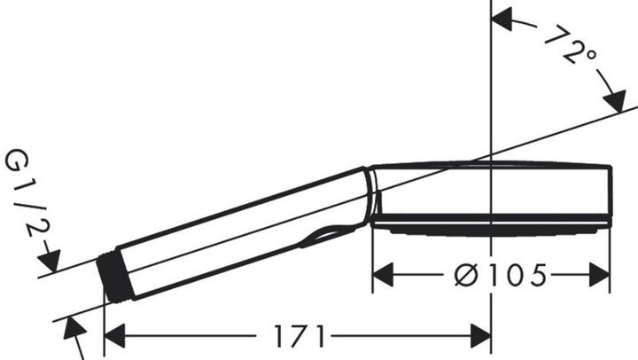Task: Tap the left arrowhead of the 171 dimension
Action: point(114,336)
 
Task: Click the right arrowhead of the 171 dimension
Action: point(482,336)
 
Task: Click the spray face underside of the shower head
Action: point(487,230)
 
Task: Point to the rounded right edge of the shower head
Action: point(609,195)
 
